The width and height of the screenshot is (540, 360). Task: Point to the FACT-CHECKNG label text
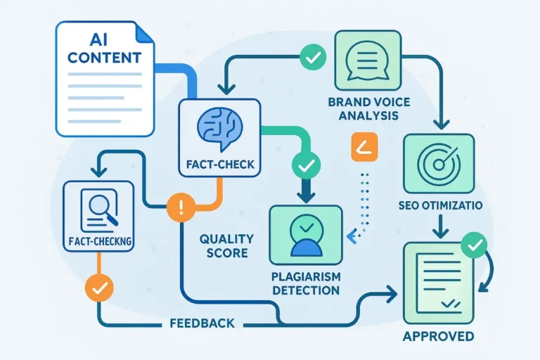(98, 240)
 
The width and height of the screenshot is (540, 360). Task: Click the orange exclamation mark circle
(181, 207)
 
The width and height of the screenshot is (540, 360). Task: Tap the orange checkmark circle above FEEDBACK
(98, 287)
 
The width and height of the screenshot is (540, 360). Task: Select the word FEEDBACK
(202, 324)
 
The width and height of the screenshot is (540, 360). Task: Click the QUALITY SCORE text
(226, 245)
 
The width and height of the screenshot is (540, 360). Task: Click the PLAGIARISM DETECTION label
(305, 283)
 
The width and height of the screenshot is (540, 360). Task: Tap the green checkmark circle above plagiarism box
(305, 167)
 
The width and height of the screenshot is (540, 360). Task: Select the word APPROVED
(437, 336)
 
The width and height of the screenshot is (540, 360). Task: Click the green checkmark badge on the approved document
(475, 245)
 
